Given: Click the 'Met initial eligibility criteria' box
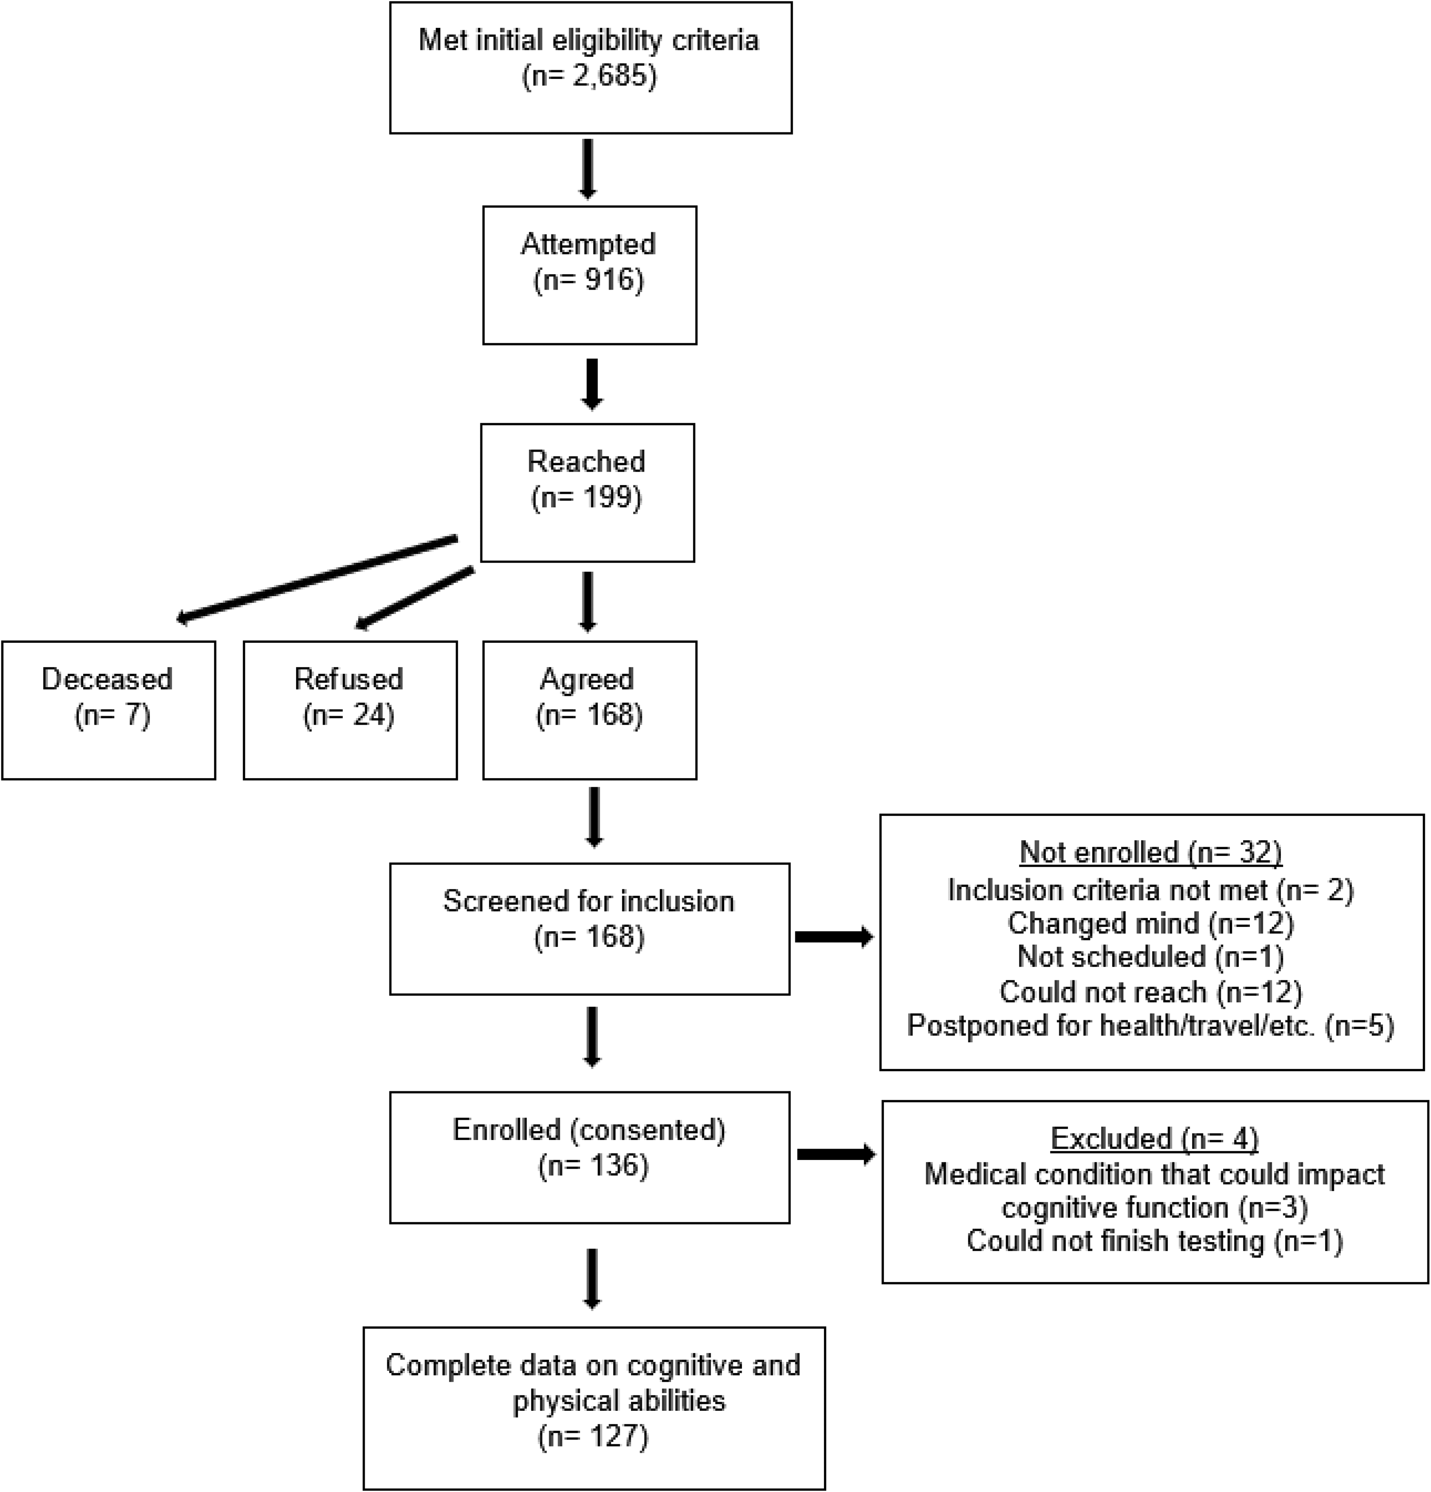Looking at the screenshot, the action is pos(590,68).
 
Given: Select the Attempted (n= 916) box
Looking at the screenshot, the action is pos(590,275).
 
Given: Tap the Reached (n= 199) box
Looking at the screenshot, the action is pos(587,493).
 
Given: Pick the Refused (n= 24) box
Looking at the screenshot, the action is pos(350,710).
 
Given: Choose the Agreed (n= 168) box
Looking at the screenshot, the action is pos(590,710).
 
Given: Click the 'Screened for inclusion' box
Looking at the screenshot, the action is pos(590,929).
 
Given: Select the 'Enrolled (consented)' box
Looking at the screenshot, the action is pos(590,1158).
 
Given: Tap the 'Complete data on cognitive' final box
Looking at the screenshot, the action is pos(594,1408).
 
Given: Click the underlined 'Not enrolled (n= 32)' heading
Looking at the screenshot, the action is pos(1151,853).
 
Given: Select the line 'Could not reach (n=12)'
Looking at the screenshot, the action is pos(1151,992).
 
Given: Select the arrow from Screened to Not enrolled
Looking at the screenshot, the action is pos(834,937).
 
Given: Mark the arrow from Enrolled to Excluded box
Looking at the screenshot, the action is pos(836,1155).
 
